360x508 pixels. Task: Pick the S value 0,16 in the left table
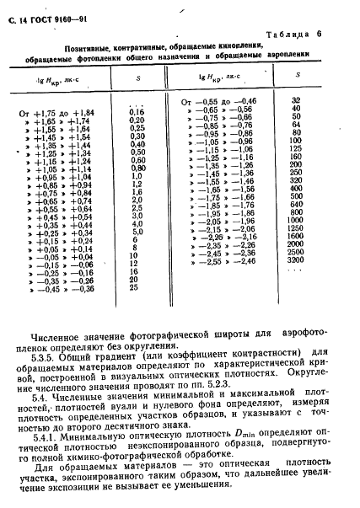[137, 111]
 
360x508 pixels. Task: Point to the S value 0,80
[137, 168]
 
